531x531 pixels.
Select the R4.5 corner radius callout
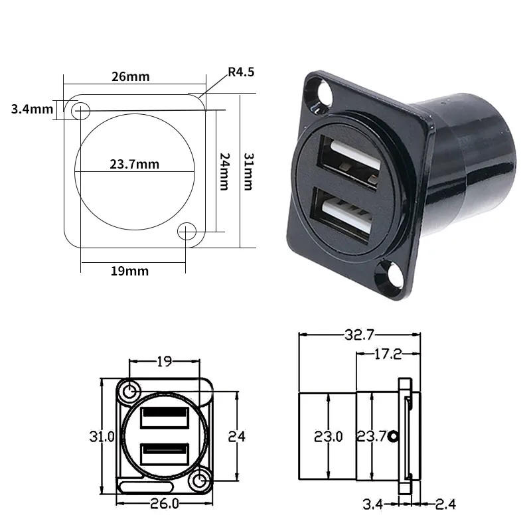click(240, 72)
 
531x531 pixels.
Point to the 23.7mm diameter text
click(134, 164)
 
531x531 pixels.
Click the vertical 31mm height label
click(248, 171)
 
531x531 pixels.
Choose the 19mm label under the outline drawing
click(130, 270)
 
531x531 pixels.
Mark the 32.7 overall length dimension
click(359, 335)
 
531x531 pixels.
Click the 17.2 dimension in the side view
click(388, 354)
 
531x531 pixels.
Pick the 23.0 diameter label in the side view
click(329, 436)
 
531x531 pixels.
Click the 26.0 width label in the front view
click(164, 504)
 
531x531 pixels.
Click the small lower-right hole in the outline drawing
click(187, 231)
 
